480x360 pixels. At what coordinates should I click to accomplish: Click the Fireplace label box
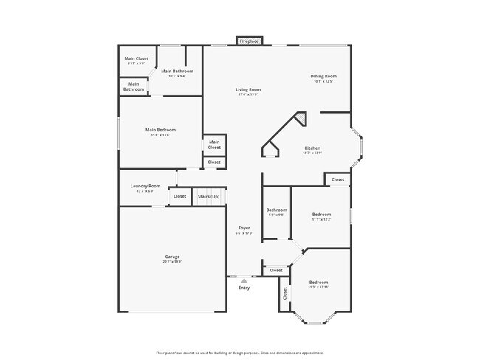click(x=250, y=41)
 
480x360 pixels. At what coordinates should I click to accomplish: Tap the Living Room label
click(x=249, y=90)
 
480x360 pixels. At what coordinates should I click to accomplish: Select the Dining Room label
click(x=324, y=76)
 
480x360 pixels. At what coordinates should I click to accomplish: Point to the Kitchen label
click(x=312, y=148)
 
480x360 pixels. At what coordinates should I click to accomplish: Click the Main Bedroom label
click(x=160, y=130)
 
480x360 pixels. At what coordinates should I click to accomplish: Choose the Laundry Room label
click(x=145, y=186)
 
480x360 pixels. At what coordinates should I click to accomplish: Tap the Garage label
click(x=171, y=257)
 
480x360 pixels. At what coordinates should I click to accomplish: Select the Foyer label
click(x=244, y=228)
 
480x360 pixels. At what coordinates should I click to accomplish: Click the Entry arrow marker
click(x=244, y=280)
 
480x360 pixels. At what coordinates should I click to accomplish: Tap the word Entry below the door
click(x=244, y=288)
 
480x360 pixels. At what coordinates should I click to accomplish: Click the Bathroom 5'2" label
click(x=277, y=212)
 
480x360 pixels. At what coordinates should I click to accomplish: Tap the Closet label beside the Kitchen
click(x=337, y=179)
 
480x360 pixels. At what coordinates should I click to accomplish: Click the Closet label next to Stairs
click(x=179, y=197)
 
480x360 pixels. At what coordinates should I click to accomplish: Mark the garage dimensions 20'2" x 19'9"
click(x=171, y=261)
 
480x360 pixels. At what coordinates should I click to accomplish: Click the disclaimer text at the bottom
click(x=240, y=353)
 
